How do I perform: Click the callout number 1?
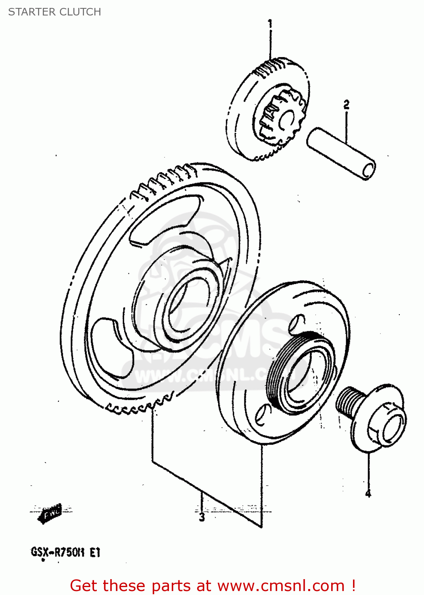(270, 24)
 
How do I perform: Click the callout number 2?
(346, 105)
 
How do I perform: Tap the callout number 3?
(202, 517)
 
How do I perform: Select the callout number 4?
(368, 493)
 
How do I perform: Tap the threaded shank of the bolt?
(347, 401)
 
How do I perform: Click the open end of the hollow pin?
(368, 170)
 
